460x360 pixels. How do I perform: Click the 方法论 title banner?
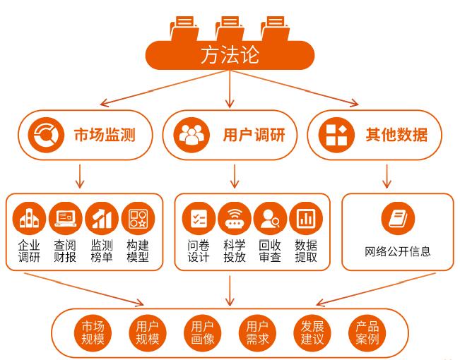tap(230, 54)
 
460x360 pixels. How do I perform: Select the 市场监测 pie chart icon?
tap(46, 134)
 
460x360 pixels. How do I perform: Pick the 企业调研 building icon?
tap(30, 220)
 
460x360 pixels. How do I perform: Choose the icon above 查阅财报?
tap(66, 220)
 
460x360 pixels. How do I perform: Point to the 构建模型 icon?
tap(138, 220)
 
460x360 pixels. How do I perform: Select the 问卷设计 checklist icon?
tap(199, 220)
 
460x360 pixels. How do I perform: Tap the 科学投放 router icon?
tap(235, 220)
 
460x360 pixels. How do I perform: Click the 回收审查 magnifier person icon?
tap(270, 220)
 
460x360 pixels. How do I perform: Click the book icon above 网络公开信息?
tap(397, 218)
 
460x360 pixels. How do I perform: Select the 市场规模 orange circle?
tap(93, 332)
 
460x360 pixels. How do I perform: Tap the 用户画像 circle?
tap(202, 332)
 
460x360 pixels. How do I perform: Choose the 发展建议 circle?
tap(312, 332)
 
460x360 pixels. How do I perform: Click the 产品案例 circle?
tap(367, 332)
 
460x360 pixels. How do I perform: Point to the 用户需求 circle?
tap(257, 332)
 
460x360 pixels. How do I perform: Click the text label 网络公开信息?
tap(397, 251)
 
